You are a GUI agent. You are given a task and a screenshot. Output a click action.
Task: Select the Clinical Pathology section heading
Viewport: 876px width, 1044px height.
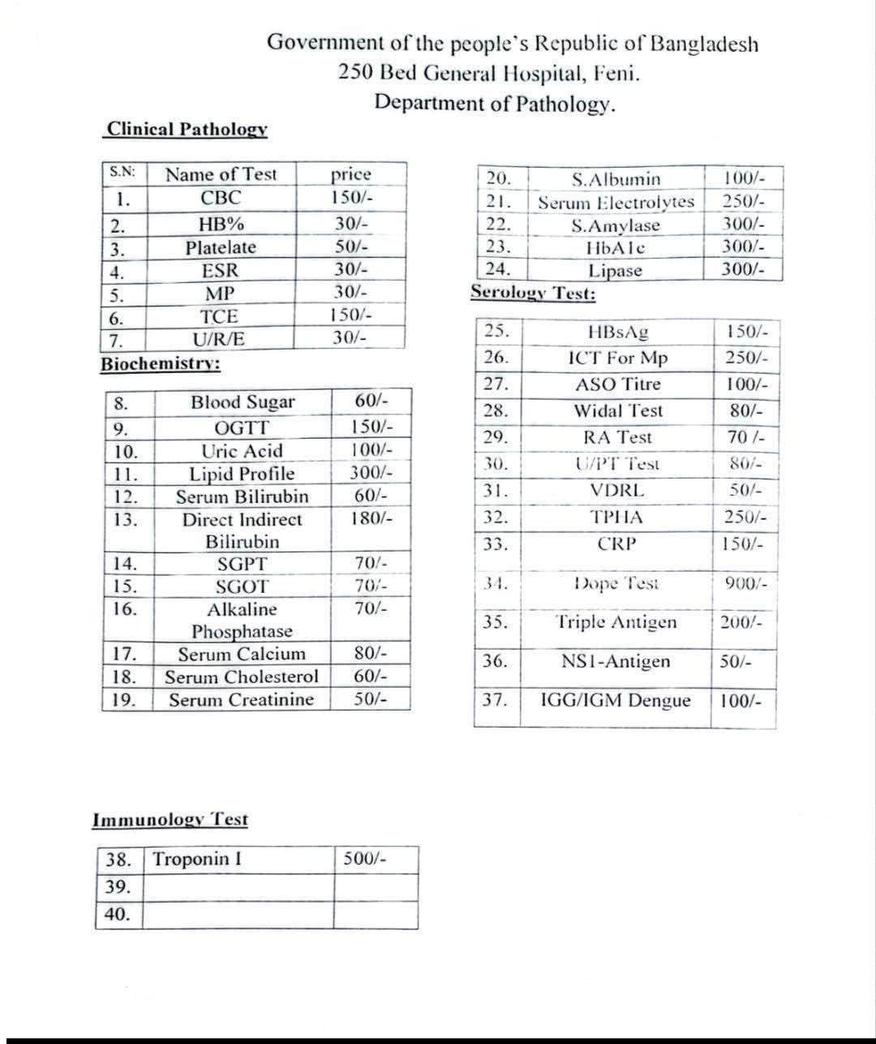(187, 129)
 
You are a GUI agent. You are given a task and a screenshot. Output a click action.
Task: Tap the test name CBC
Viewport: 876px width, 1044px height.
(221, 198)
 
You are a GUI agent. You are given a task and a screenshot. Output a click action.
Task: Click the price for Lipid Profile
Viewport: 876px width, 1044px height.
(371, 474)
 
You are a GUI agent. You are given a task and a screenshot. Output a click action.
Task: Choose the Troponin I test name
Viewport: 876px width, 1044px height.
(197, 859)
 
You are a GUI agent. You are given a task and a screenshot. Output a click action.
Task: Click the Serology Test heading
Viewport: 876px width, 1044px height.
(533, 294)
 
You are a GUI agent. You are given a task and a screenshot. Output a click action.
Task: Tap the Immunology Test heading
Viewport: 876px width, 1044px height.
(170, 819)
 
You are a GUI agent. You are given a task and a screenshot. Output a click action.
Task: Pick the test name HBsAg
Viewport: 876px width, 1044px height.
(617, 332)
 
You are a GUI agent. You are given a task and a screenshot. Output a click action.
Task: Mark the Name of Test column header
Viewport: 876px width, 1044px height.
(221, 174)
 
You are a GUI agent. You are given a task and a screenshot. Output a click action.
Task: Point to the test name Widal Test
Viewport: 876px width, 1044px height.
(617, 411)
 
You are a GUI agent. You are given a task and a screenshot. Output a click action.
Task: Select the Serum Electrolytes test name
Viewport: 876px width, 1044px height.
(616, 202)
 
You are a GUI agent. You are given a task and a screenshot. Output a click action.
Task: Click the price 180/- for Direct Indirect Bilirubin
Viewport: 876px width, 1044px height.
(371, 519)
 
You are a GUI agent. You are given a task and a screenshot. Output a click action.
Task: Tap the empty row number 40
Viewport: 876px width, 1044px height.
(118, 914)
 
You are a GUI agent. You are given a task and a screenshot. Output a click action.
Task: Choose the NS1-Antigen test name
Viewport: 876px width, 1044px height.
(616, 662)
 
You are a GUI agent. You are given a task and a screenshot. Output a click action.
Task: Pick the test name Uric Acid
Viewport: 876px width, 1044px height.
(242, 451)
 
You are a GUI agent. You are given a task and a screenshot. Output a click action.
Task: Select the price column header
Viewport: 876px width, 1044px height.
(350, 174)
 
